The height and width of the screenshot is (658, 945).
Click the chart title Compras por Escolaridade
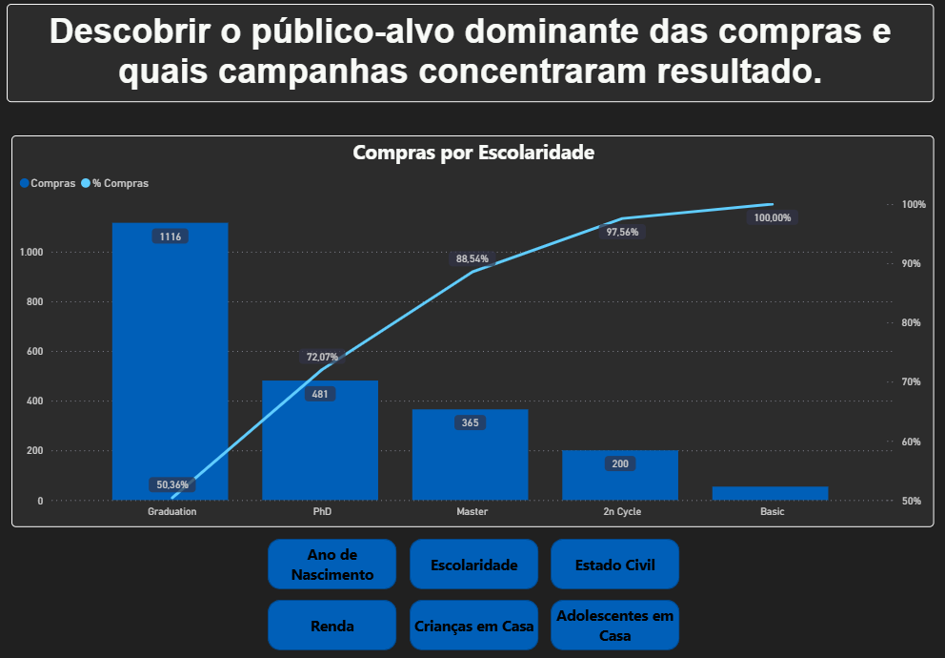click(473, 153)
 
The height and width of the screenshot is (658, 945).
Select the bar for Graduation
click(171, 362)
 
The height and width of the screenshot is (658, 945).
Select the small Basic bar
click(770, 493)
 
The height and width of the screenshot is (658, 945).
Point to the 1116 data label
click(171, 236)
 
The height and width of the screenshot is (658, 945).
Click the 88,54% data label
click(472, 258)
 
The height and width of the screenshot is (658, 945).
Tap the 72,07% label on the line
click(322, 357)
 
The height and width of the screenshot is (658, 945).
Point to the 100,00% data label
click(772, 217)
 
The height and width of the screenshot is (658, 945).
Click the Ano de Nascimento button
click(332, 565)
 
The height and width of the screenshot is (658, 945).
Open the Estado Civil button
click(614, 565)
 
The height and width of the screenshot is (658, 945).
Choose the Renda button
click(332, 626)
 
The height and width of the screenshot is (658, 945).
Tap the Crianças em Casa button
click(473, 626)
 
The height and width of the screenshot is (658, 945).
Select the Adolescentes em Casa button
click(614, 626)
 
